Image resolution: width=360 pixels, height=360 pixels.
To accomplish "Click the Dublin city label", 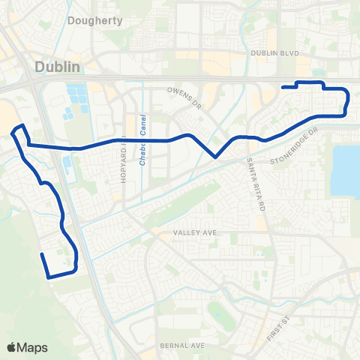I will coord(57,67).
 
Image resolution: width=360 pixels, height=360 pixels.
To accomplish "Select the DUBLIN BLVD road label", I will coord(274,54).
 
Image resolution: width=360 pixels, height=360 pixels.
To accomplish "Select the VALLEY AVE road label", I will coord(194,233).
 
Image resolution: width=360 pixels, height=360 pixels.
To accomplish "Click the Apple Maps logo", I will coord(13,346).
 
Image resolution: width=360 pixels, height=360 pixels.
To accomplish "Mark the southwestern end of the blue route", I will coord(42,255).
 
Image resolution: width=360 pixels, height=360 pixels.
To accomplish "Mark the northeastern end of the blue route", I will coord(283,88).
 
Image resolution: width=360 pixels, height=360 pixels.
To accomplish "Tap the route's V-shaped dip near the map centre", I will coord(215,157).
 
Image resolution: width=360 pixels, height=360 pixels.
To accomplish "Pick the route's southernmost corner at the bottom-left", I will coord(49,277).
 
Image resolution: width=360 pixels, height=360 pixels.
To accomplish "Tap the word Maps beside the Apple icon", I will coord(34,347).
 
